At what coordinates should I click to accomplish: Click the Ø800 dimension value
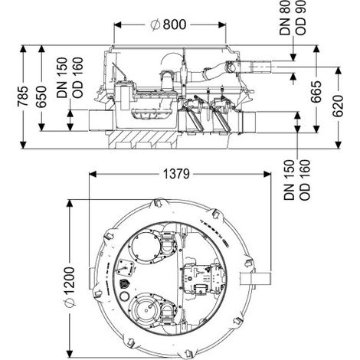pos(169,25)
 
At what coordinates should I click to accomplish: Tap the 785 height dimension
pos(22,97)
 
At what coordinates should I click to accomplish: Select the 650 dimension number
pos(41,97)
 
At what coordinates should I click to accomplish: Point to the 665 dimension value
pos(316,92)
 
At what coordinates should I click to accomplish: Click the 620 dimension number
pos(338,106)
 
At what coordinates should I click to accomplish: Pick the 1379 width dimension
pos(176,175)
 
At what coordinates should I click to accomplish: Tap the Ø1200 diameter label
pos(69,286)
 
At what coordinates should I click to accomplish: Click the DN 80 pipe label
pos(285,18)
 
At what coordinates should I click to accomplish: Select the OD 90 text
pos(300,18)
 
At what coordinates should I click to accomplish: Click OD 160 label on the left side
pos(77,77)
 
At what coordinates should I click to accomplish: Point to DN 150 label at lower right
pos(290,180)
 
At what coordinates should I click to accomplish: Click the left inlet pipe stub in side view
pos(101,120)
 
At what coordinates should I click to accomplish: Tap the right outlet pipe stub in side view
pos(247,122)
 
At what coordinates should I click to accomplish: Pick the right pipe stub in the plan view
pos(256,279)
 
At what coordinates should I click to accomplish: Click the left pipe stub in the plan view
pos(93,278)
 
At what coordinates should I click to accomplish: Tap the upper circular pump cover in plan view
pos(146,247)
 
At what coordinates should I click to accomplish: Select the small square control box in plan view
pos(126,268)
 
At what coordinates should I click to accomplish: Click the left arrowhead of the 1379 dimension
pos(93,175)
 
